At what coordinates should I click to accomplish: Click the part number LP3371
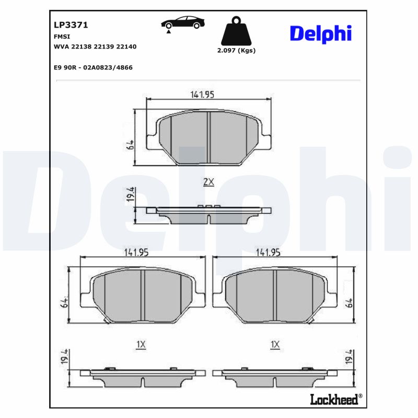click(71, 25)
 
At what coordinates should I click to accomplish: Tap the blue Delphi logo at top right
click(320, 33)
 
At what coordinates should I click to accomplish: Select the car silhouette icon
click(183, 24)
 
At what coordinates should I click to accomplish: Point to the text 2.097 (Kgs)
click(236, 51)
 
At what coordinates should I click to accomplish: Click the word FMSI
click(62, 37)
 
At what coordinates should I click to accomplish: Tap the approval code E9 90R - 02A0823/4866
click(93, 67)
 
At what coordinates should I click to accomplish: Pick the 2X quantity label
click(208, 182)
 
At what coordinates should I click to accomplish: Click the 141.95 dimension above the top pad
click(202, 95)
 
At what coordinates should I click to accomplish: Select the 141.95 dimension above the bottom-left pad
click(136, 252)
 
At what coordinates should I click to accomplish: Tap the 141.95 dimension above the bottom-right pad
click(269, 252)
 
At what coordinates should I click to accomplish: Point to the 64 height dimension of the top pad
click(130, 145)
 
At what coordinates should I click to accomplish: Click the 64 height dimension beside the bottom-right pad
click(349, 302)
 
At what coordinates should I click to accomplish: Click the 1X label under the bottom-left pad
click(140, 344)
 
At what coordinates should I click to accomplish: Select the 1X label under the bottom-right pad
click(275, 344)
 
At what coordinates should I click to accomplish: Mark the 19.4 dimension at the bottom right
click(349, 358)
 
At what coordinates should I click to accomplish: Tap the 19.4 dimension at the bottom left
click(65, 358)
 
